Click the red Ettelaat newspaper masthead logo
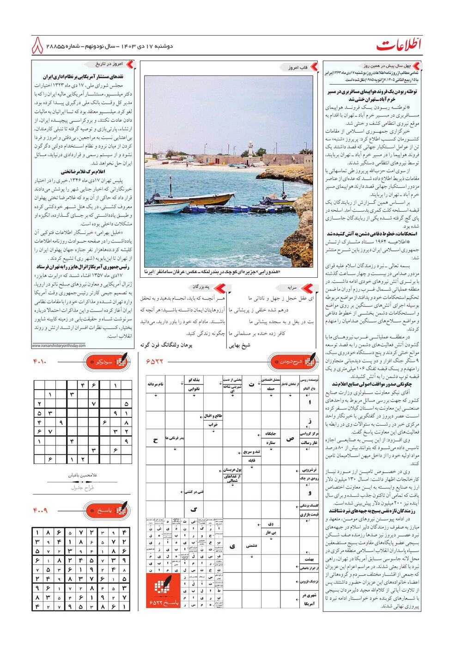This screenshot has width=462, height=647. pyautogui.click(x=399, y=45)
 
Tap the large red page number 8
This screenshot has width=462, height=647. pyautogui.click(x=38, y=46)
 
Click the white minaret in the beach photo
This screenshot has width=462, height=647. pyautogui.click(x=250, y=149)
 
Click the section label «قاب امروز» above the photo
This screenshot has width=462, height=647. pyautogui.click(x=298, y=67)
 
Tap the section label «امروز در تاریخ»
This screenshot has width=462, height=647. pyautogui.click(x=109, y=64)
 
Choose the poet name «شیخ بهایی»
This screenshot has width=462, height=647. pyautogui.click(x=240, y=345)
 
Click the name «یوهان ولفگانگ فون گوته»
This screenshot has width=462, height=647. pyautogui.click(x=166, y=345)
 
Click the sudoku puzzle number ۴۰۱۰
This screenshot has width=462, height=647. pyautogui.click(x=40, y=361)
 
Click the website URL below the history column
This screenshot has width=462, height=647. pyautogui.click(x=59, y=346)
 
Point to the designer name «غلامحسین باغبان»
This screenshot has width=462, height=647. pyautogui.click(x=83, y=475)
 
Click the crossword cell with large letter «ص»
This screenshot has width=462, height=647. pyautogui.click(x=290, y=439)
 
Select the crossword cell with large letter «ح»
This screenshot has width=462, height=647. pyautogui.click(x=155, y=440)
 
